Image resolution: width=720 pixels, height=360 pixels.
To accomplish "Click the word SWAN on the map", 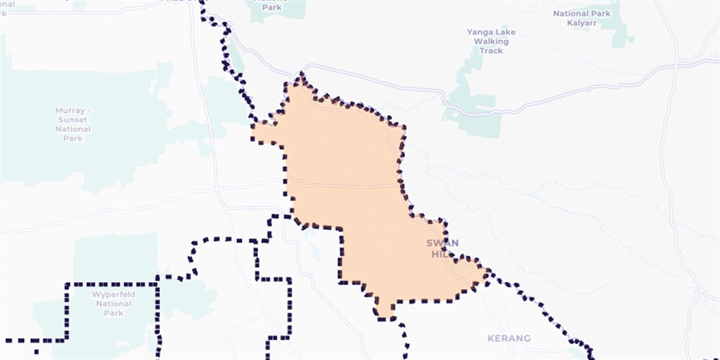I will [443, 243].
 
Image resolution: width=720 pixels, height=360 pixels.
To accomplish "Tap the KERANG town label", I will [509, 339].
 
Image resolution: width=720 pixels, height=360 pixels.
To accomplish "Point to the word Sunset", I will [73, 119].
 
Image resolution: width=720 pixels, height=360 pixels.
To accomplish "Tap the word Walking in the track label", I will [491, 41].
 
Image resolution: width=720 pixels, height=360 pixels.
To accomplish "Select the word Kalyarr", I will [581, 23].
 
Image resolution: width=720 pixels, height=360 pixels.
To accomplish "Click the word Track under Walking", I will [491, 51].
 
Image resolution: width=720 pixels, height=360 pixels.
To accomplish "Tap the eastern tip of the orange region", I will [489, 272].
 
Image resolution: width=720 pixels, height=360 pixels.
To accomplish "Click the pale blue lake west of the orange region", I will [310, 250].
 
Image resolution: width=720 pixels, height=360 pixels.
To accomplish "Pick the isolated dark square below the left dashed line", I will [36, 351].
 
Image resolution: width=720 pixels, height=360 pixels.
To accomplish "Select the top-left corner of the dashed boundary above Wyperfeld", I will [67, 285].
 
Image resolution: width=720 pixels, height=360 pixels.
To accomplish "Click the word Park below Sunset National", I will [73, 138].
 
